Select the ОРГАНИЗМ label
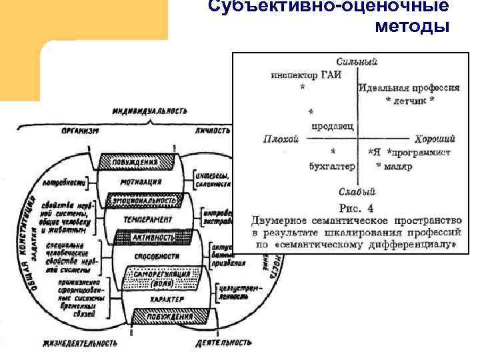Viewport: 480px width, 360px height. [79, 131]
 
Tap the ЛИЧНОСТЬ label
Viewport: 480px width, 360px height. [213, 131]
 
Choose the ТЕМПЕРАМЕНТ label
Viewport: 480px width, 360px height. [147, 219]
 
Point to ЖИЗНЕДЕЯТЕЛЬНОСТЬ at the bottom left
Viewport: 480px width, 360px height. [81, 343]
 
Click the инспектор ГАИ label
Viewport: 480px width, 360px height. [306, 75]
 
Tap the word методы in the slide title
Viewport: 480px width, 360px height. [412, 27]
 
